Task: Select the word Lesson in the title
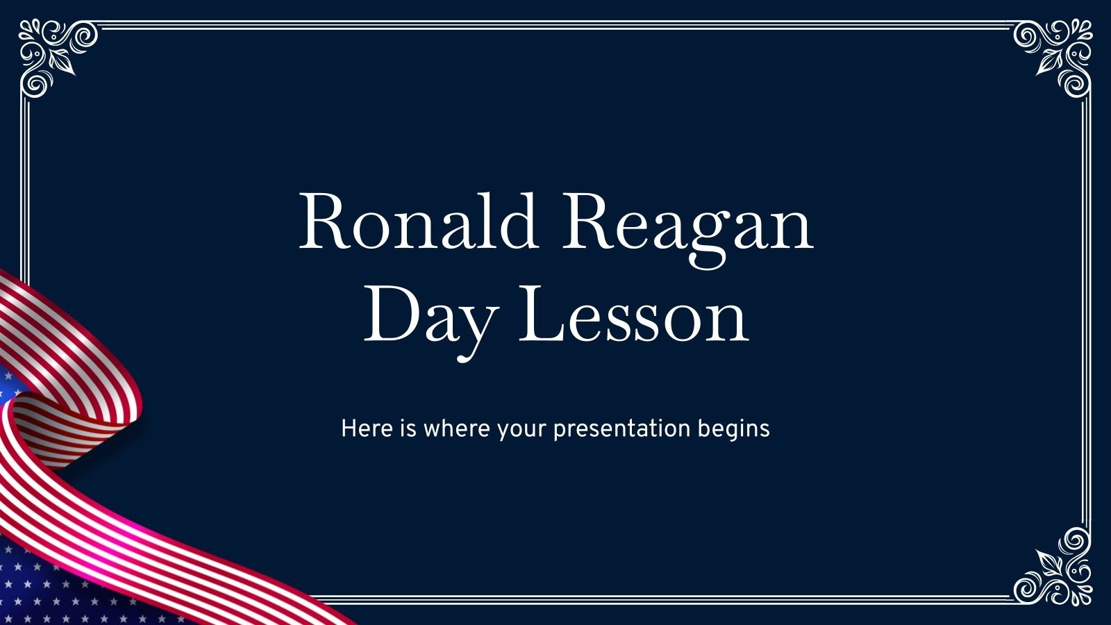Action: [633, 316]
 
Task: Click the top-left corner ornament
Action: [56, 56]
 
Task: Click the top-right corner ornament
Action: [1054, 56]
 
